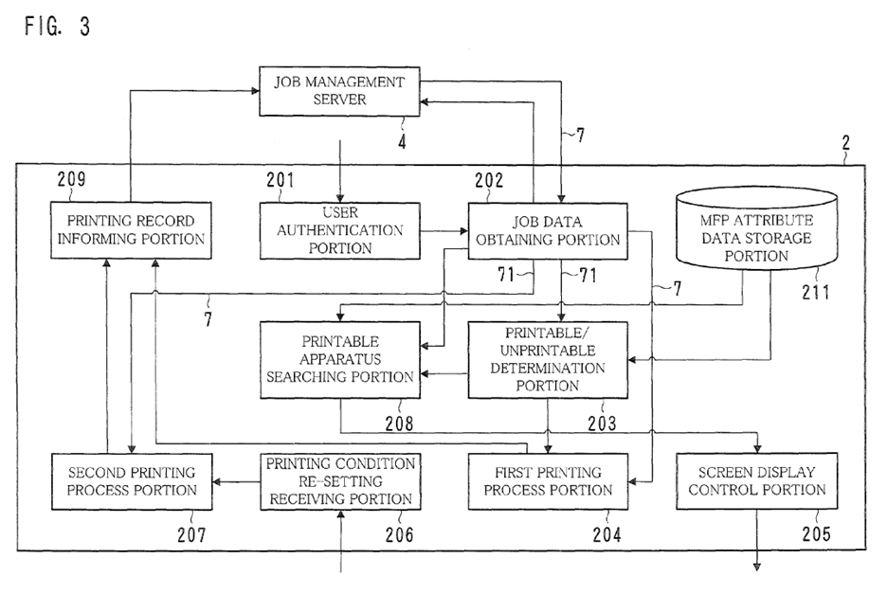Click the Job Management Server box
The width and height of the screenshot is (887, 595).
340,91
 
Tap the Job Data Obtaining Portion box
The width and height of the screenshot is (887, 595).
548,230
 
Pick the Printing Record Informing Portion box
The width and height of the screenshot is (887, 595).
130,229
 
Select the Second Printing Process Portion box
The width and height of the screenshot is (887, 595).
132,480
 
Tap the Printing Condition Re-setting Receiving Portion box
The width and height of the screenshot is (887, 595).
340,479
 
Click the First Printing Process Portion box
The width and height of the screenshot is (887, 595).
548,481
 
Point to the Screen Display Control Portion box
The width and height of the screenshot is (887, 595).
757,480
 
